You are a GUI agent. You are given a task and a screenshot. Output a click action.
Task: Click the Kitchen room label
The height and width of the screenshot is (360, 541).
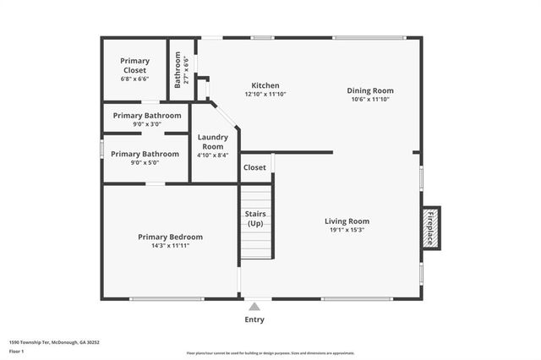(x=265, y=85)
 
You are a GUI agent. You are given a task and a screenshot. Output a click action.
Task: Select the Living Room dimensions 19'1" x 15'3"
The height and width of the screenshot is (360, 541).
(x=347, y=230)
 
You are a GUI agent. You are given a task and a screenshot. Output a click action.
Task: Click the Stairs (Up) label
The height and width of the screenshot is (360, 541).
(x=255, y=218)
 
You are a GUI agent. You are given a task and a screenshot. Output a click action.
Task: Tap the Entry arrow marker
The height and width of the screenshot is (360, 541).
(x=254, y=306)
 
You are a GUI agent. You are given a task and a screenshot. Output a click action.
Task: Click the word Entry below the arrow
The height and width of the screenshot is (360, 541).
(x=254, y=319)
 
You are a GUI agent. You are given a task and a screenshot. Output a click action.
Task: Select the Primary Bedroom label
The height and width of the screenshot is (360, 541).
(x=170, y=237)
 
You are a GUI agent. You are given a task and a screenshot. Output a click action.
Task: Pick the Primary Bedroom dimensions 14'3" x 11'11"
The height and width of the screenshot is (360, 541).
(x=170, y=247)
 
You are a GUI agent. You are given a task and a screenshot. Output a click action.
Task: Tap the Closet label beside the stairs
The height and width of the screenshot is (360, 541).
(x=254, y=167)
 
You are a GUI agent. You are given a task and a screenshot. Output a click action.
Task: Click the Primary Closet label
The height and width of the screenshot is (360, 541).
(x=135, y=65)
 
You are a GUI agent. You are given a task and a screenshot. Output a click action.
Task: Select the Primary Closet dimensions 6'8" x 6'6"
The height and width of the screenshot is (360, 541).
(x=135, y=79)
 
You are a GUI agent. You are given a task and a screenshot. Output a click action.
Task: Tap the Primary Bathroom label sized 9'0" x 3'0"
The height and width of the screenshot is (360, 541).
(x=146, y=115)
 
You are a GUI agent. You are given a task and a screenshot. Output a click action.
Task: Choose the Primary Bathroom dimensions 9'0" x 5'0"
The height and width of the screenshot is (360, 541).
(x=145, y=163)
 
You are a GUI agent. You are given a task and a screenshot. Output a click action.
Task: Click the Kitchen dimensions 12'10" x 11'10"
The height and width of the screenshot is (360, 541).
(x=265, y=95)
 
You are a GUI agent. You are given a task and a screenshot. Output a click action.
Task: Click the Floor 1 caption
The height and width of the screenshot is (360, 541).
(x=17, y=351)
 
